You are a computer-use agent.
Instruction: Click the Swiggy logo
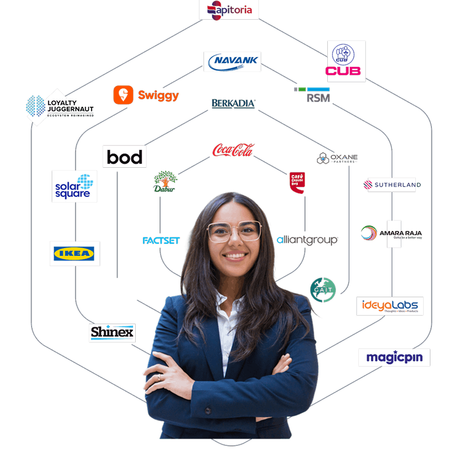[146, 95]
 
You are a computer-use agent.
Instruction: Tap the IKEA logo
[75, 253]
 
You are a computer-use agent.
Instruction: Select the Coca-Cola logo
[233, 150]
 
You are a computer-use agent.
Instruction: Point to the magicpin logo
[394, 357]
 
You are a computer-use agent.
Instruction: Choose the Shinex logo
[112, 332]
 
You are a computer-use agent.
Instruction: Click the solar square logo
[74, 186]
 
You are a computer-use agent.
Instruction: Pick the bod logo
[124, 157]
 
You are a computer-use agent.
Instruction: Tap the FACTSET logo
[161, 241]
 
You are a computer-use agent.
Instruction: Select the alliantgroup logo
[307, 240]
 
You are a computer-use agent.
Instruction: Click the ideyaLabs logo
[390, 306]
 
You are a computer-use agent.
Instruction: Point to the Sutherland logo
[391, 185]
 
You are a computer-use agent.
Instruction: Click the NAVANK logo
[232, 62]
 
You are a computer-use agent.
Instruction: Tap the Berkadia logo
[234, 104]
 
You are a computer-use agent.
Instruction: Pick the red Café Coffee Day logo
[297, 183]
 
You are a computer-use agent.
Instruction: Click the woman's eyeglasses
[234, 231]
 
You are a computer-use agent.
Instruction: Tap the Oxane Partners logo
[338, 158]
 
